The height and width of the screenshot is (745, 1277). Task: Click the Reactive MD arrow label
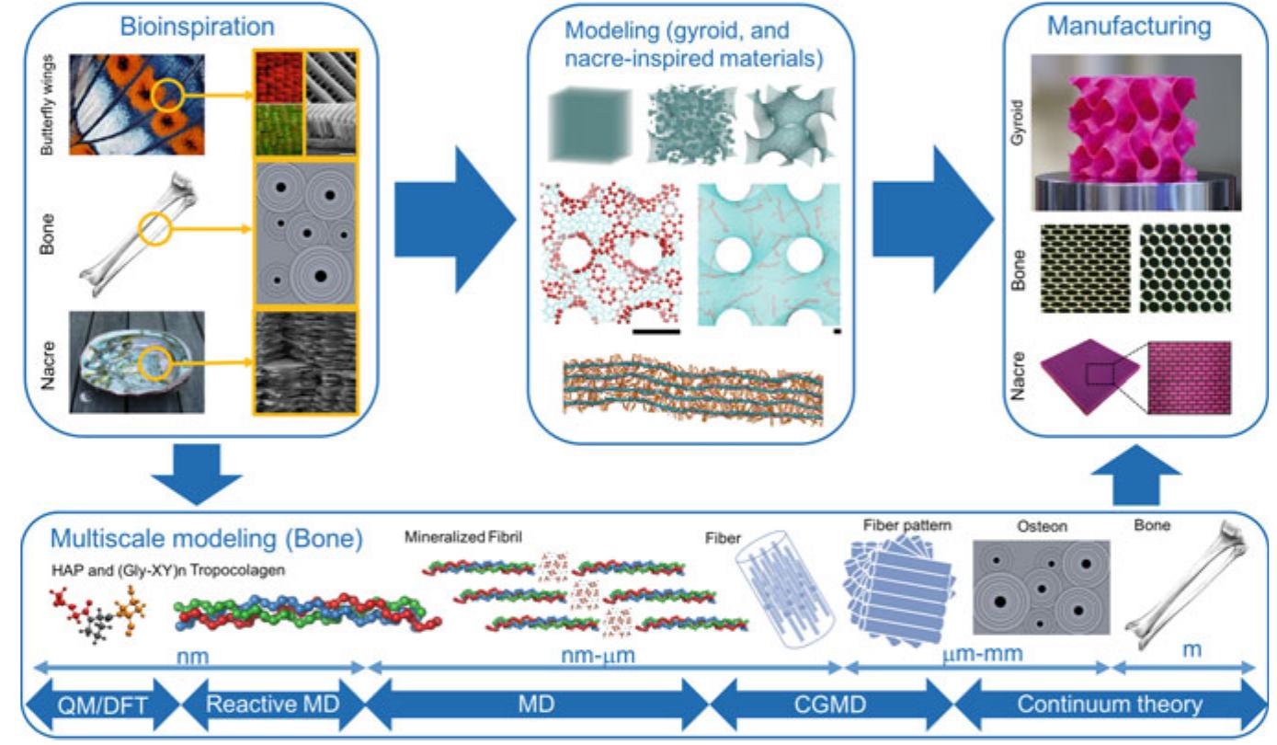coord(274,705)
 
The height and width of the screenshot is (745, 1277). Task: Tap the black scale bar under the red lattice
coord(656,329)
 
